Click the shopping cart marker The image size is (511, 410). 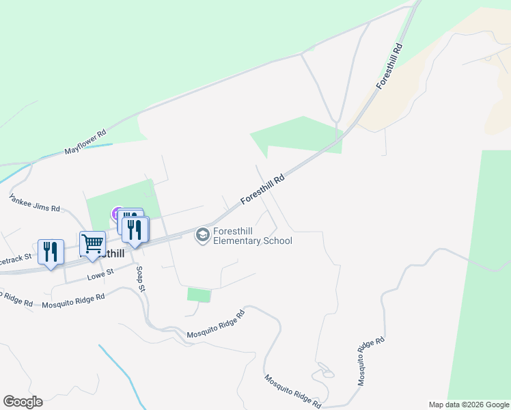(92, 243)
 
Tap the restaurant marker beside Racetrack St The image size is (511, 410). (51, 252)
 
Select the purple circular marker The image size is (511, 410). (117, 215)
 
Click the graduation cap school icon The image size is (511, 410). (202, 235)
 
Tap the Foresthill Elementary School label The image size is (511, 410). (252, 236)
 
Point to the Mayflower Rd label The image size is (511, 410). (85, 142)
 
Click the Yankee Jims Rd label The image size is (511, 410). (34, 202)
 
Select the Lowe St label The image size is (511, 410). (100, 275)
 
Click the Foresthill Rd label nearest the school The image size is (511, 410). (262, 189)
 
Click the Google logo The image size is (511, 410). (23, 401)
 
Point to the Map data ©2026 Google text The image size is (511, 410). (469, 405)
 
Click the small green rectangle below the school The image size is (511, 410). (199, 295)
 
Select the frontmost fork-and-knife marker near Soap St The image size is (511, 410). (135, 230)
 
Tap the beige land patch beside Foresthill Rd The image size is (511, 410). (437, 75)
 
